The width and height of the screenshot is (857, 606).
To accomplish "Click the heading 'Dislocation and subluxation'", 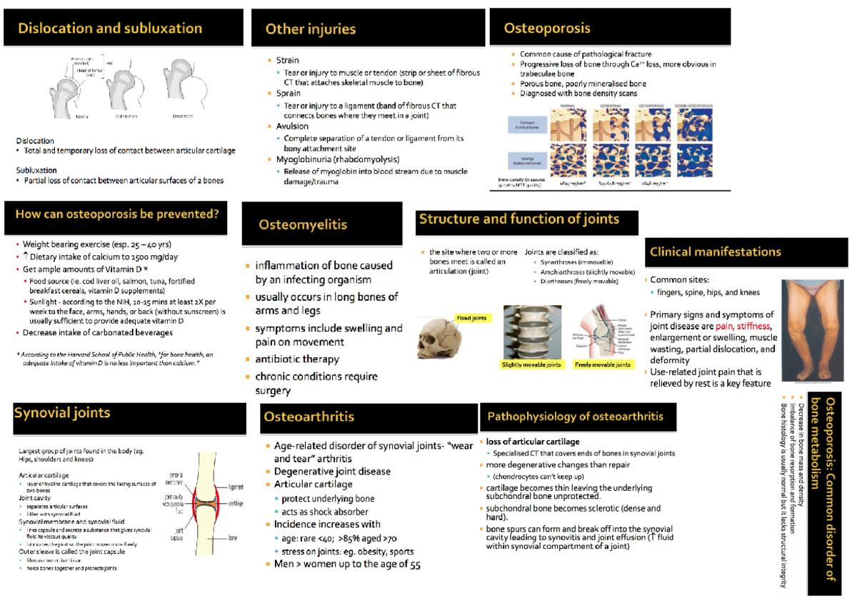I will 110,29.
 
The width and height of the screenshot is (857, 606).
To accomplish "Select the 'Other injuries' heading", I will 311,29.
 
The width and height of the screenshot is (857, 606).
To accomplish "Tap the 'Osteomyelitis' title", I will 303,224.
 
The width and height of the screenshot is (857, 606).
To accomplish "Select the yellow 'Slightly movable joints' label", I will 532,364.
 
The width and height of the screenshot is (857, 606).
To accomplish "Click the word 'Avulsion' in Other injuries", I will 292,126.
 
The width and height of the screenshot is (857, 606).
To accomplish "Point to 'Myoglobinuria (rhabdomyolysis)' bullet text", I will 338,159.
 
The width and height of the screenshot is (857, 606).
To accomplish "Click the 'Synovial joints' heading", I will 63,412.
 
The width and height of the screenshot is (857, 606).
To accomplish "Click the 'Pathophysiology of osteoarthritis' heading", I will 576,417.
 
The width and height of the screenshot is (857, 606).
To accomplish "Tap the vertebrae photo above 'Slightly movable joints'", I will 532,332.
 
